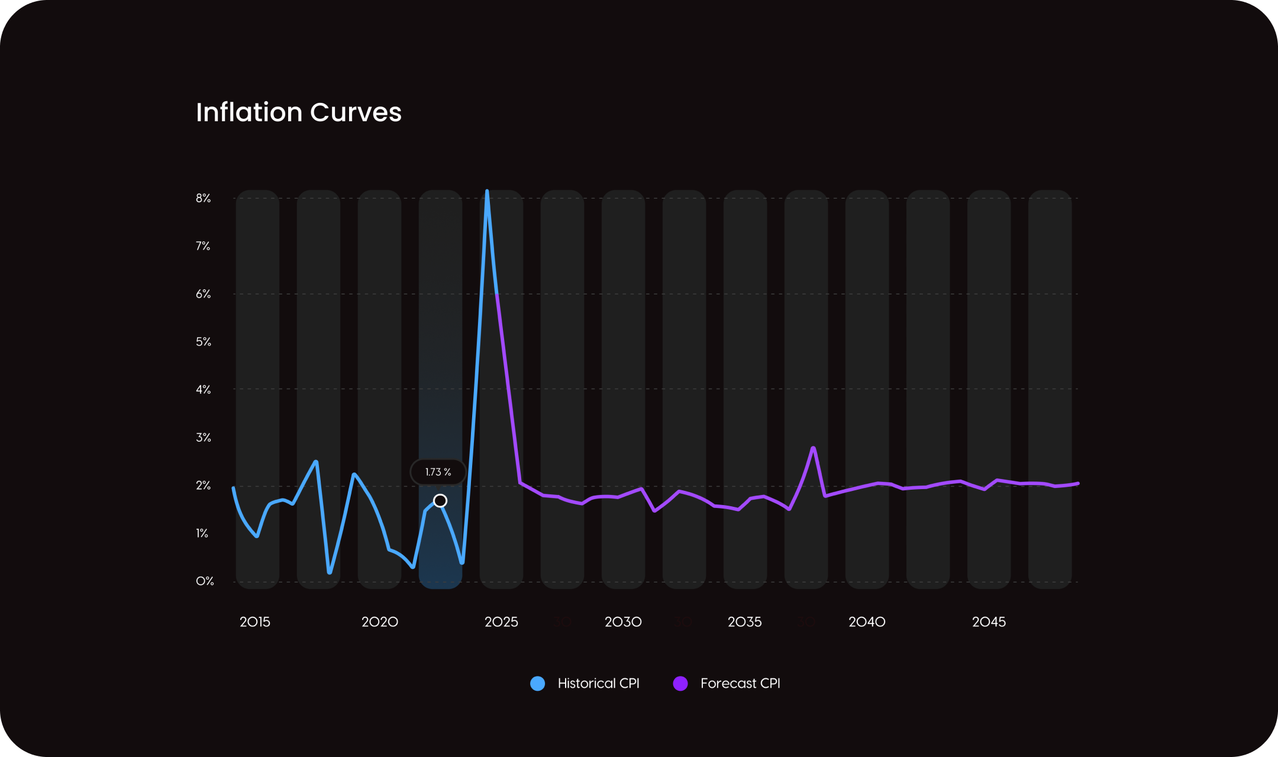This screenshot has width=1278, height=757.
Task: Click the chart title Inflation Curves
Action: [299, 112]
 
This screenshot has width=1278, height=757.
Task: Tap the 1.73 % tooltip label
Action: [438, 472]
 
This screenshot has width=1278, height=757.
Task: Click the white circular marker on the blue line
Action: [440, 501]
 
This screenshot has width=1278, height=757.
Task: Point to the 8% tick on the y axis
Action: [204, 198]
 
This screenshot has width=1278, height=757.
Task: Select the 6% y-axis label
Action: [204, 294]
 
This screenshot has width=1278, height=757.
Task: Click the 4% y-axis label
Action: [204, 390]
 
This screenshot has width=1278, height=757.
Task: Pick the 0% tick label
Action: [205, 581]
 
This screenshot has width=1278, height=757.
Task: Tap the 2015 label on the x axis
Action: [255, 622]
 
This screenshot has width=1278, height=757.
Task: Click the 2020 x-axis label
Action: [380, 622]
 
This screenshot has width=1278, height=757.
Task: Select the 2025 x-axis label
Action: [501, 622]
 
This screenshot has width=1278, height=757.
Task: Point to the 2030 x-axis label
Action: [623, 622]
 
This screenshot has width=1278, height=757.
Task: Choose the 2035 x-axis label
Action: [745, 622]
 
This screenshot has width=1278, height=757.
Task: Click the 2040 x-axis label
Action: [867, 622]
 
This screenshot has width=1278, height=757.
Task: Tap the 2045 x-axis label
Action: [989, 622]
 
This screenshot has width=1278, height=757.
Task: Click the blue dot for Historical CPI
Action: [538, 684]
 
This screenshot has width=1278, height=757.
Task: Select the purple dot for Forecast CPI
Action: [680, 684]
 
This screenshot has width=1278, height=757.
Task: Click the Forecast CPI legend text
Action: [740, 684]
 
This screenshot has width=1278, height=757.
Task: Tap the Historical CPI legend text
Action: [598, 684]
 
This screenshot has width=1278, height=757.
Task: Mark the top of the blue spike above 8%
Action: [487, 192]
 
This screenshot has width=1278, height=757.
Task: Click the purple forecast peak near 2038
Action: [814, 448]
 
